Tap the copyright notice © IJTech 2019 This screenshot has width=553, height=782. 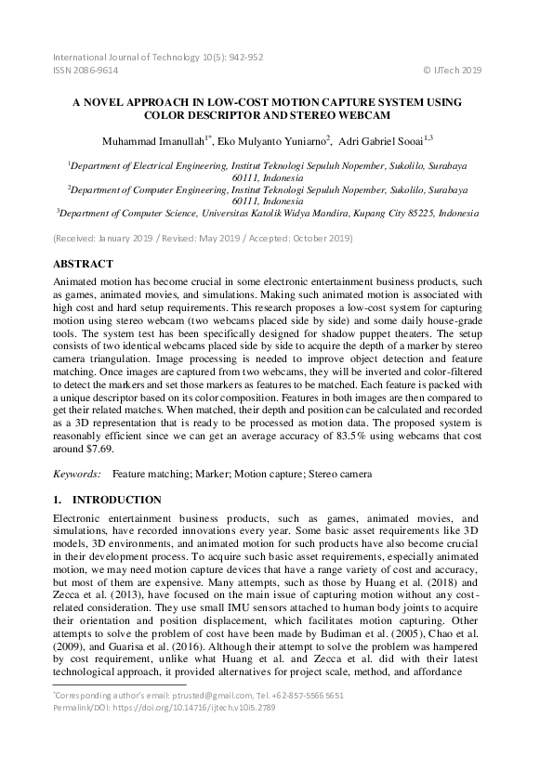(x=452, y=69)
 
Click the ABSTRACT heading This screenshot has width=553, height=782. (x=84, y=264)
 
